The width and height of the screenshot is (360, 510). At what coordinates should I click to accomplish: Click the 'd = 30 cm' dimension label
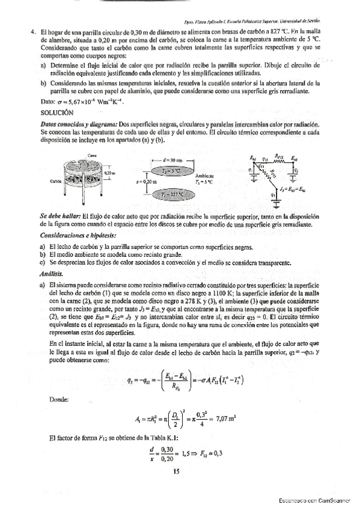click(x=174, y=161)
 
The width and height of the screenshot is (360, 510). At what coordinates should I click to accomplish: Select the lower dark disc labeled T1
click(x=175, y=195)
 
